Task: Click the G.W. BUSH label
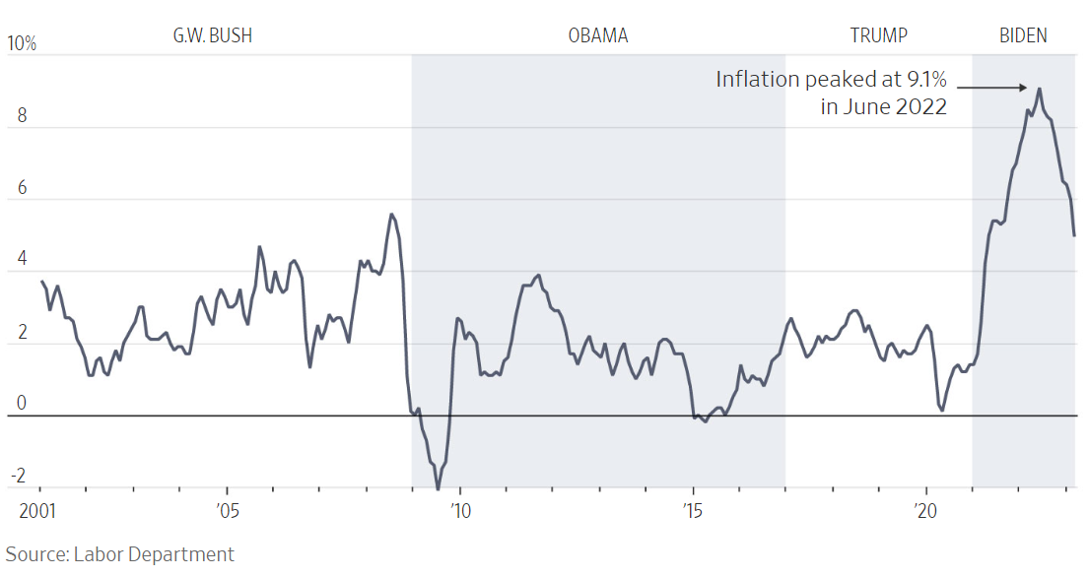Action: pyautogui.click(x=213, y=36)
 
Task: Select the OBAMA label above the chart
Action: pyautogui.click(x=597, y=36)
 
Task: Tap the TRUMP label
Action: pyautogui.click(x=878, y=36)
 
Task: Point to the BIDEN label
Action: pyautogui.click(x=1023, y=36)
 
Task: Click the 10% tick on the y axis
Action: pyautogui.click(x=21, y=44)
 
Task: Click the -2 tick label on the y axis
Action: pyautogui.click(x=17, y=477)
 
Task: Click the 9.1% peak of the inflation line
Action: pyautogui.click(x=1040, y=89)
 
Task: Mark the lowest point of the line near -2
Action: pyautogui.click(x=438, y=488)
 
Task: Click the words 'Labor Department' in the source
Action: pyautogui.click(x=154, y=554)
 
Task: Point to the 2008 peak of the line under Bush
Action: pyautogui.click(x=392, y=214)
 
